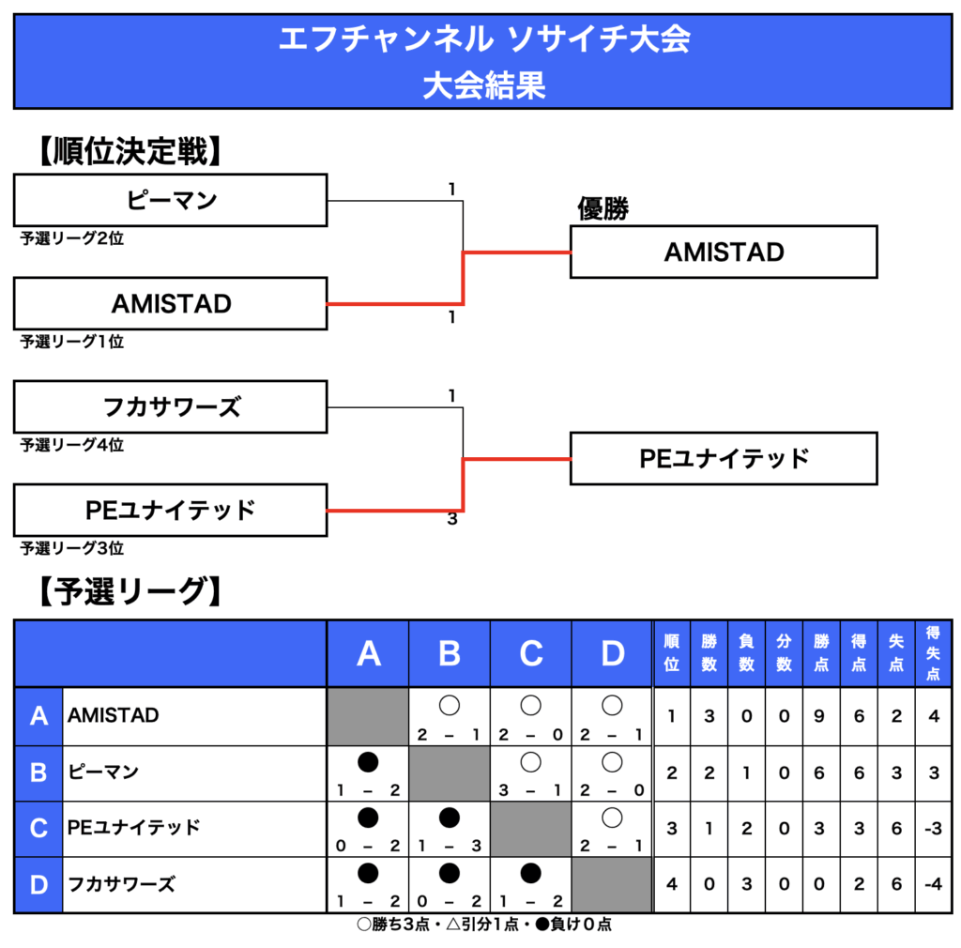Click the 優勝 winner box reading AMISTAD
[724, 252]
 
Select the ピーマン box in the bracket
[171, 200]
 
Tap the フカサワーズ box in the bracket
[171, 407]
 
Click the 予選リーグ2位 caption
[71, 238]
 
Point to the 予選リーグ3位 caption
[71, 548]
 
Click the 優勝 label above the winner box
[603, 208]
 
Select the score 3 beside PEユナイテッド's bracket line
[452, 519]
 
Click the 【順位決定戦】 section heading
[130, 151]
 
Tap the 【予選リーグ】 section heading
[130, 591]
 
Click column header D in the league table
[612, 653]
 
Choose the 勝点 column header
[821, 653]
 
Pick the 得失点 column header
[933, 653]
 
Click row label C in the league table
[38, 829]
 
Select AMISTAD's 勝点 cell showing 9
[819, 716]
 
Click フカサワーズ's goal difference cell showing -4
[933, 884]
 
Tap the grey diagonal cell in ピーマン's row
[450, 773]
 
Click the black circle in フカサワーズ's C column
[531, 873]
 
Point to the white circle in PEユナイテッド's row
[612, 818]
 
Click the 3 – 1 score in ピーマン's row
[531, 790]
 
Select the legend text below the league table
[484, 925]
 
